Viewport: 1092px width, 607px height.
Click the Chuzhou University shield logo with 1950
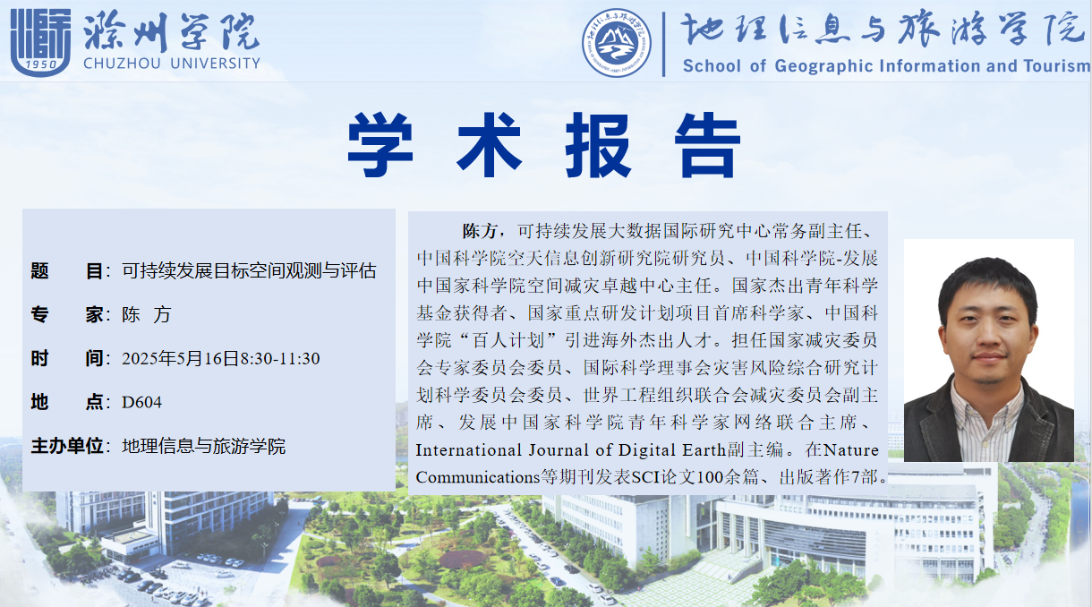pyautogui.click(x=41, y=42)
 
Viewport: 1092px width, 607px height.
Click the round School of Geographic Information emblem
pyautogui.click(x=616, y=42)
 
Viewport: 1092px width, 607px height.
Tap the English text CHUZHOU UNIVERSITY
pyautogui.click(x=172, y=64)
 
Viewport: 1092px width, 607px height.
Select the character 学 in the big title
pyautogui.click(x=380, y=144)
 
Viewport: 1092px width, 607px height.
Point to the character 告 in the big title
pyautogui.click(x=707, y=144)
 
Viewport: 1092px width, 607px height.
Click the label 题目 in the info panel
pyautogui.click(x=67, y=270)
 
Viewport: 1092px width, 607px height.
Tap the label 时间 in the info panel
pyautogui.click(x=67, y=358)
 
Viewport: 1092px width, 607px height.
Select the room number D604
pyautogui.click(x=141, y=402)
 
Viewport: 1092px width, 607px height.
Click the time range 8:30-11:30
pyautogui.click(x=280, y=359)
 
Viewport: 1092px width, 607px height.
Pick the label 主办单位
pyautogui.click(x=67, y=446)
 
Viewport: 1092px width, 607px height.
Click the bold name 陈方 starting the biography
pyautogui.click(x=480, y=231)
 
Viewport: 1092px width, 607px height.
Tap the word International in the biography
pyautogui.click(x=469, y=449)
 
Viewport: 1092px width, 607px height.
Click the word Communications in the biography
pyautogui.click(x=478, y=477)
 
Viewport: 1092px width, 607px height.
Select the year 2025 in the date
pyautogui.click(x=139, y=359)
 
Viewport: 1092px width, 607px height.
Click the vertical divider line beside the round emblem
pyautogui.click(x=663, y=44)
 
